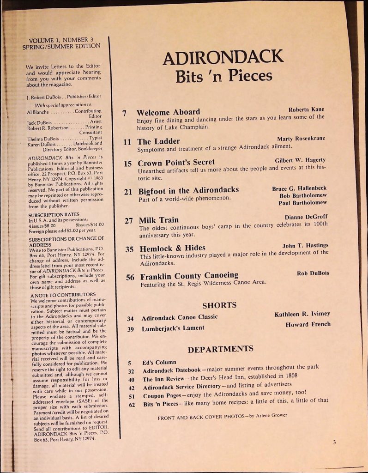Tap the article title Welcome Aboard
pos(168,112)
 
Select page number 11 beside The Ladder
pos(127,142)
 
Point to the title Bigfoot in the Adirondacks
pos(188,190)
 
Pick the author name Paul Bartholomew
pos(303,203)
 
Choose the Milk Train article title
pos(158,220)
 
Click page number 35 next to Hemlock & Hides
pos(129,249)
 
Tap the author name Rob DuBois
pos(313,273)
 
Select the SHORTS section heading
pos(219,305)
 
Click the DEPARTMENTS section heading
pos(220,349)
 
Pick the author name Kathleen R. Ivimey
pos(302,314)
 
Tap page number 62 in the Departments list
pos(132,405)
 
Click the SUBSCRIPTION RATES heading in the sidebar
pos(54,214)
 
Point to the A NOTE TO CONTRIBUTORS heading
pos(63,294)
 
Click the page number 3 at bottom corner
pos(334,442)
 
